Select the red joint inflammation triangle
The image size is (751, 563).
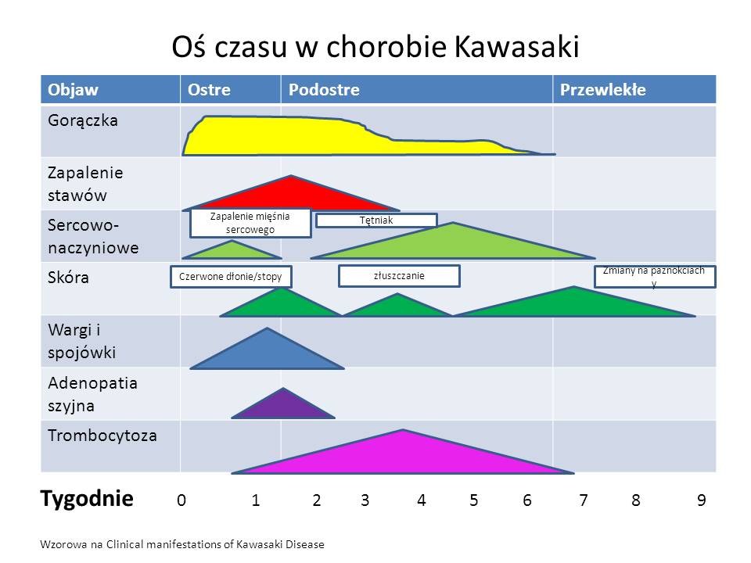click(x=291, y=197)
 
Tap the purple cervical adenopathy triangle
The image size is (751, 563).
click(x=283, y=407)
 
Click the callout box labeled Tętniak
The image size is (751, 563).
click(x=376, y=221)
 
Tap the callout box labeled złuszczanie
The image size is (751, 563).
click(x=399, y=276)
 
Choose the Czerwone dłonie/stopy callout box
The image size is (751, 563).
click(x=231, y=277)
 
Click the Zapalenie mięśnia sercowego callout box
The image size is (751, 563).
click(x=250, y=223)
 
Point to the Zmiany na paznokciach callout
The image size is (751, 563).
click(x=655, y=276)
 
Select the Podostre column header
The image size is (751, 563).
click(x=324, y=89)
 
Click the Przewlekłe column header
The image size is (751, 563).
click(x=602, y=89)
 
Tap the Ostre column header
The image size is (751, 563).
click(x=209, y=89)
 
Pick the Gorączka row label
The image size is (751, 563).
click(x=83, y=120)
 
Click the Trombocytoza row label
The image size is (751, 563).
click(x=102, y=436)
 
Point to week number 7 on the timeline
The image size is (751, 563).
click(x=584, y=500)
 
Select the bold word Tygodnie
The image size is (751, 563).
click(x=87, y=499)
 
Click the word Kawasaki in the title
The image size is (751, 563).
click(x=516, y=47)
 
